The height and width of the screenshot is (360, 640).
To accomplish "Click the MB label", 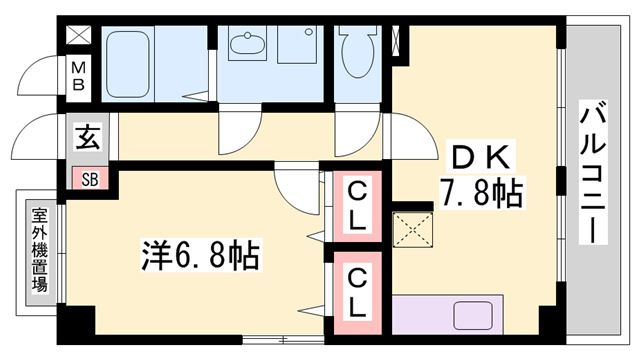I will (x=78, y=76).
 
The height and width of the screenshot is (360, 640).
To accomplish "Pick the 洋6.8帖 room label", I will (x=200, y=256).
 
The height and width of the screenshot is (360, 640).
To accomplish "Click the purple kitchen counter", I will (x=450, y=316).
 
